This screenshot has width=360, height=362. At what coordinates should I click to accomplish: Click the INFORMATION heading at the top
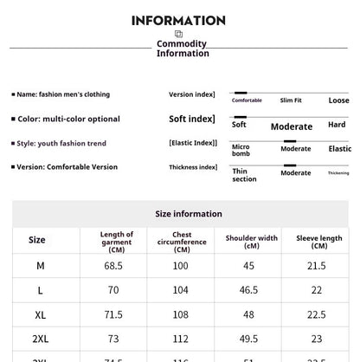[x=178, y=20]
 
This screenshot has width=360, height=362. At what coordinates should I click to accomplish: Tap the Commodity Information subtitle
[x=182, y=48]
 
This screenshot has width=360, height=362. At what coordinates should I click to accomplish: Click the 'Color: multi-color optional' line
[x=68, y=119]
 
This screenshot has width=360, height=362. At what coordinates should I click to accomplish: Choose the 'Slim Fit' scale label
[x=292, y=100]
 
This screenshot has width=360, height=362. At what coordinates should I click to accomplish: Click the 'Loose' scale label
[x=338, y=100]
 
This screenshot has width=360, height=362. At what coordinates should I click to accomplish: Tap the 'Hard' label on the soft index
[x=337, y=125]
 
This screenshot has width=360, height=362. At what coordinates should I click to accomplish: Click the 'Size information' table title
[x=189, y=214]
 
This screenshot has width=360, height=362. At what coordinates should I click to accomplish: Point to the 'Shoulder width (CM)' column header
[x=251, y=241]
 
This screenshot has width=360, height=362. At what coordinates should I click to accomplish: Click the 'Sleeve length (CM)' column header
[x=319, y=241]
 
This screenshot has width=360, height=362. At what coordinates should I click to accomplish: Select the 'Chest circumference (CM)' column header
[x=182, y=241]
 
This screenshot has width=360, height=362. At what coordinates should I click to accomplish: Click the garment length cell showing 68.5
[x=113, y=265]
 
